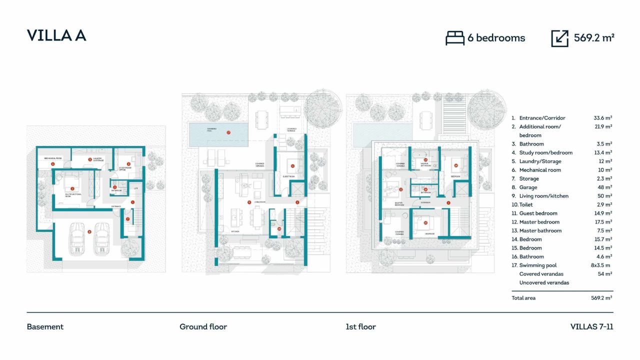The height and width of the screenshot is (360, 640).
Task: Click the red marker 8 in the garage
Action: tap(89, 231)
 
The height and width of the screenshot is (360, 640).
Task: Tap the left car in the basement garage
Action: tap(78, 238)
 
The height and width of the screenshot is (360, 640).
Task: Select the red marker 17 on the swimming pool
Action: tap(228, 133)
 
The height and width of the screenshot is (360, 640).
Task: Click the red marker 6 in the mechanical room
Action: tap(52, 163)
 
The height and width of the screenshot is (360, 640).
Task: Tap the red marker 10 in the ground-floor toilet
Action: tap(279, 229)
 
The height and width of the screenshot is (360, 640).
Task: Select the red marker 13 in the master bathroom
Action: tap(425, 160)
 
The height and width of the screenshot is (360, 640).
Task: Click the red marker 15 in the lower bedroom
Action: tap(425, 223)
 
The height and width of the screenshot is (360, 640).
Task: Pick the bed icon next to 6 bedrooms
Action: tap(454, 38)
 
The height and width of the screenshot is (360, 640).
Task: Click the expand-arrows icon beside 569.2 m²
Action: tap(559, 38)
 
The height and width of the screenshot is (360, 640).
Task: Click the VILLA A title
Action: tap(56, 35)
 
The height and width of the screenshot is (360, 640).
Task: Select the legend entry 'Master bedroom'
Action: tap(539, 222)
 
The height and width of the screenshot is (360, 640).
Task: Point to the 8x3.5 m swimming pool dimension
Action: tap(601, 265)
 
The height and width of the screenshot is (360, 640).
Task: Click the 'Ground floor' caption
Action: tap(203, 327)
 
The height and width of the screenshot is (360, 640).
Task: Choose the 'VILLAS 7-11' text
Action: tap(591, 327)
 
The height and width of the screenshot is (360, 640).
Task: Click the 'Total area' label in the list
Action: tap(523, 298)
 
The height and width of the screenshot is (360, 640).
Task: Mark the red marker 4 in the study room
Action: tap(128, 163)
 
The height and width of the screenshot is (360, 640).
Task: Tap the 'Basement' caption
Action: tap(45, 327)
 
